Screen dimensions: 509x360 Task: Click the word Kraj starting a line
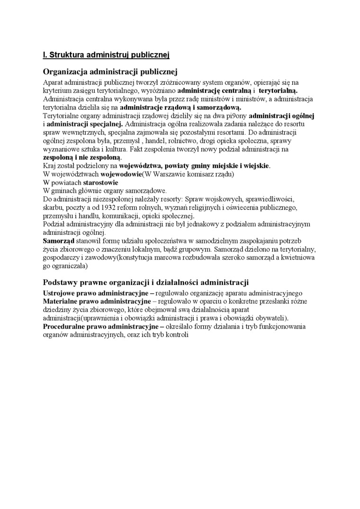[49, 166]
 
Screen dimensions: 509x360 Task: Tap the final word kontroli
[177, 335]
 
